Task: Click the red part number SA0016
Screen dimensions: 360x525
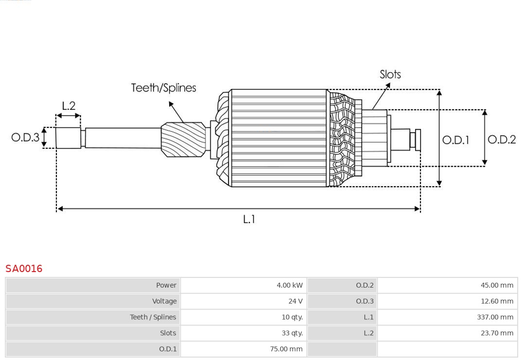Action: (24, 269)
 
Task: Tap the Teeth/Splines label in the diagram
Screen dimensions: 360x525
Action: (163, 88)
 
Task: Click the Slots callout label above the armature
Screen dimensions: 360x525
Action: (390, 74)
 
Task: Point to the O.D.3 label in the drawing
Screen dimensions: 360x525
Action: (25, 137)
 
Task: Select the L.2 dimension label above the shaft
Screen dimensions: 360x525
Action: (69, 106)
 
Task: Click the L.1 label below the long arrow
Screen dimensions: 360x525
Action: (249, 220)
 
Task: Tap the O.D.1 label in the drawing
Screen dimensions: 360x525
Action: (455, 140)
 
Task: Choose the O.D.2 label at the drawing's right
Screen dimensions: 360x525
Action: (501, 140)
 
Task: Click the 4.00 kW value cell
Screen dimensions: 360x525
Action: (289, 285)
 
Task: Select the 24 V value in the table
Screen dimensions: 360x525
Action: (295, 301)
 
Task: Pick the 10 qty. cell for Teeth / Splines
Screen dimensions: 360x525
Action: (292, 317)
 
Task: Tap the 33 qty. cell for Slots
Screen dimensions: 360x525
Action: (292, 333)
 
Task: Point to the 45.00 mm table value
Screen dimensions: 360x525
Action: (497, 285)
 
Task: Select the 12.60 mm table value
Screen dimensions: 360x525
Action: (497, 301)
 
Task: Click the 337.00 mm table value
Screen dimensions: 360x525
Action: (495, 317)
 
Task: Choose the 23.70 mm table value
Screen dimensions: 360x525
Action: (497, 333)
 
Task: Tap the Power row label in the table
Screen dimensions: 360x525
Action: (166, 285)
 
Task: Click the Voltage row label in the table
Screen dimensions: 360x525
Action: (164, 301)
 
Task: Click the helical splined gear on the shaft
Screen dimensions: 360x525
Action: (183, 139)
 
